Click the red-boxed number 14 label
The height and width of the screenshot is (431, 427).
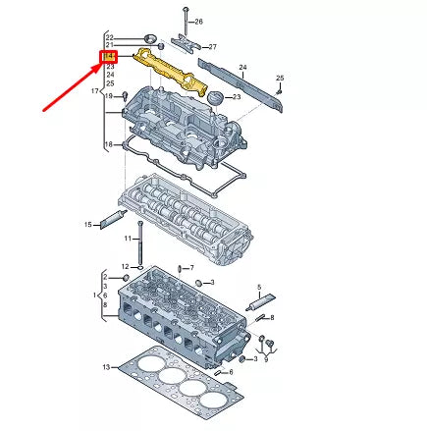[x=110, y=56]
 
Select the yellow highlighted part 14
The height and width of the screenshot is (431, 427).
[x=172, y=71]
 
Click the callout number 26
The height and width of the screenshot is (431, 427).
[x=199, y=22]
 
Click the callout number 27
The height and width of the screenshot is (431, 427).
[x=212, y=46]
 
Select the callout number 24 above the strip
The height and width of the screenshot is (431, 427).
[x=242, y=66]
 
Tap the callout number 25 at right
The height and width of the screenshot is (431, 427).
[x=280, y=78]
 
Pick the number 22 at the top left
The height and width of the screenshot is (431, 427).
[x=110, y=35]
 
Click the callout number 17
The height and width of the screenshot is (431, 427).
[x=95, y=90]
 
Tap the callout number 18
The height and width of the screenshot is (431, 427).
[x=108, y=144]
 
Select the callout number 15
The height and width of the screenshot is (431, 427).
[x=87, y=225]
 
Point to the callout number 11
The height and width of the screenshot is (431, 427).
[x=128, y=239]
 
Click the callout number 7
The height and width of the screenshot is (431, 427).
[x=191, y=267]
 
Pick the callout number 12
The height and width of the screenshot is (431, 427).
[x=126, y=266]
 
